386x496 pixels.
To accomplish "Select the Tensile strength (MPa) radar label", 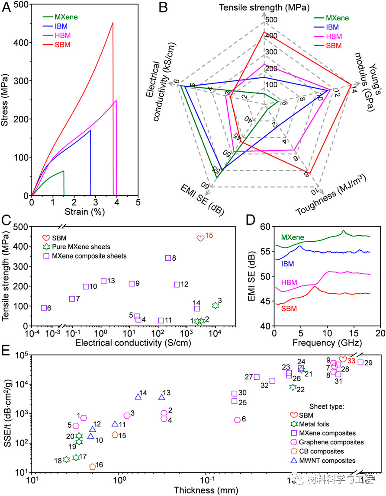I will [x=264, y=7].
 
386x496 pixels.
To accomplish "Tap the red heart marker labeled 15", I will [x=200, y=238].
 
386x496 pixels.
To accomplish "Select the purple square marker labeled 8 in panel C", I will [x=168, y=258].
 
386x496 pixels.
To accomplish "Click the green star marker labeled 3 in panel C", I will [x=215, y=306].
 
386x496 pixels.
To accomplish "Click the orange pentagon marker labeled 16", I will [x=93, y=467].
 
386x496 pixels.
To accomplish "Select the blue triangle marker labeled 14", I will [x=138, y=397].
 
